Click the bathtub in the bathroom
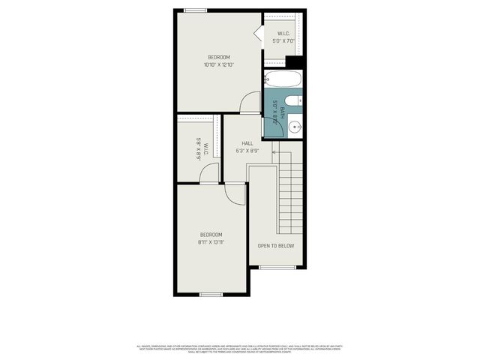click(283, 79)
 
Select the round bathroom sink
click(295, 127)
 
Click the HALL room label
click(247, 143)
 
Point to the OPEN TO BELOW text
click(276, 245)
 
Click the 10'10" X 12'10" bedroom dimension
click(219, 64)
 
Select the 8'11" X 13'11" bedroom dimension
click(211, 242)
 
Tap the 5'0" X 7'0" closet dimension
click(284, 40)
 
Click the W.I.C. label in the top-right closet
click(283, 33)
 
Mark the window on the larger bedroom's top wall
click(196, 10)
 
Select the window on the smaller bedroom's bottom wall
click(211, 295)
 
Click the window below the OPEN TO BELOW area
click(277, 267)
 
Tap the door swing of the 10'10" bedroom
click(250, 103)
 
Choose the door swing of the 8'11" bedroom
click(235, 193)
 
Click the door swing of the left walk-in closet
click(210, 173)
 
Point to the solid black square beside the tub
click(294, 62)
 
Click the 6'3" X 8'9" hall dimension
click(247, 151)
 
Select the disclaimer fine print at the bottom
click(239, 349)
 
